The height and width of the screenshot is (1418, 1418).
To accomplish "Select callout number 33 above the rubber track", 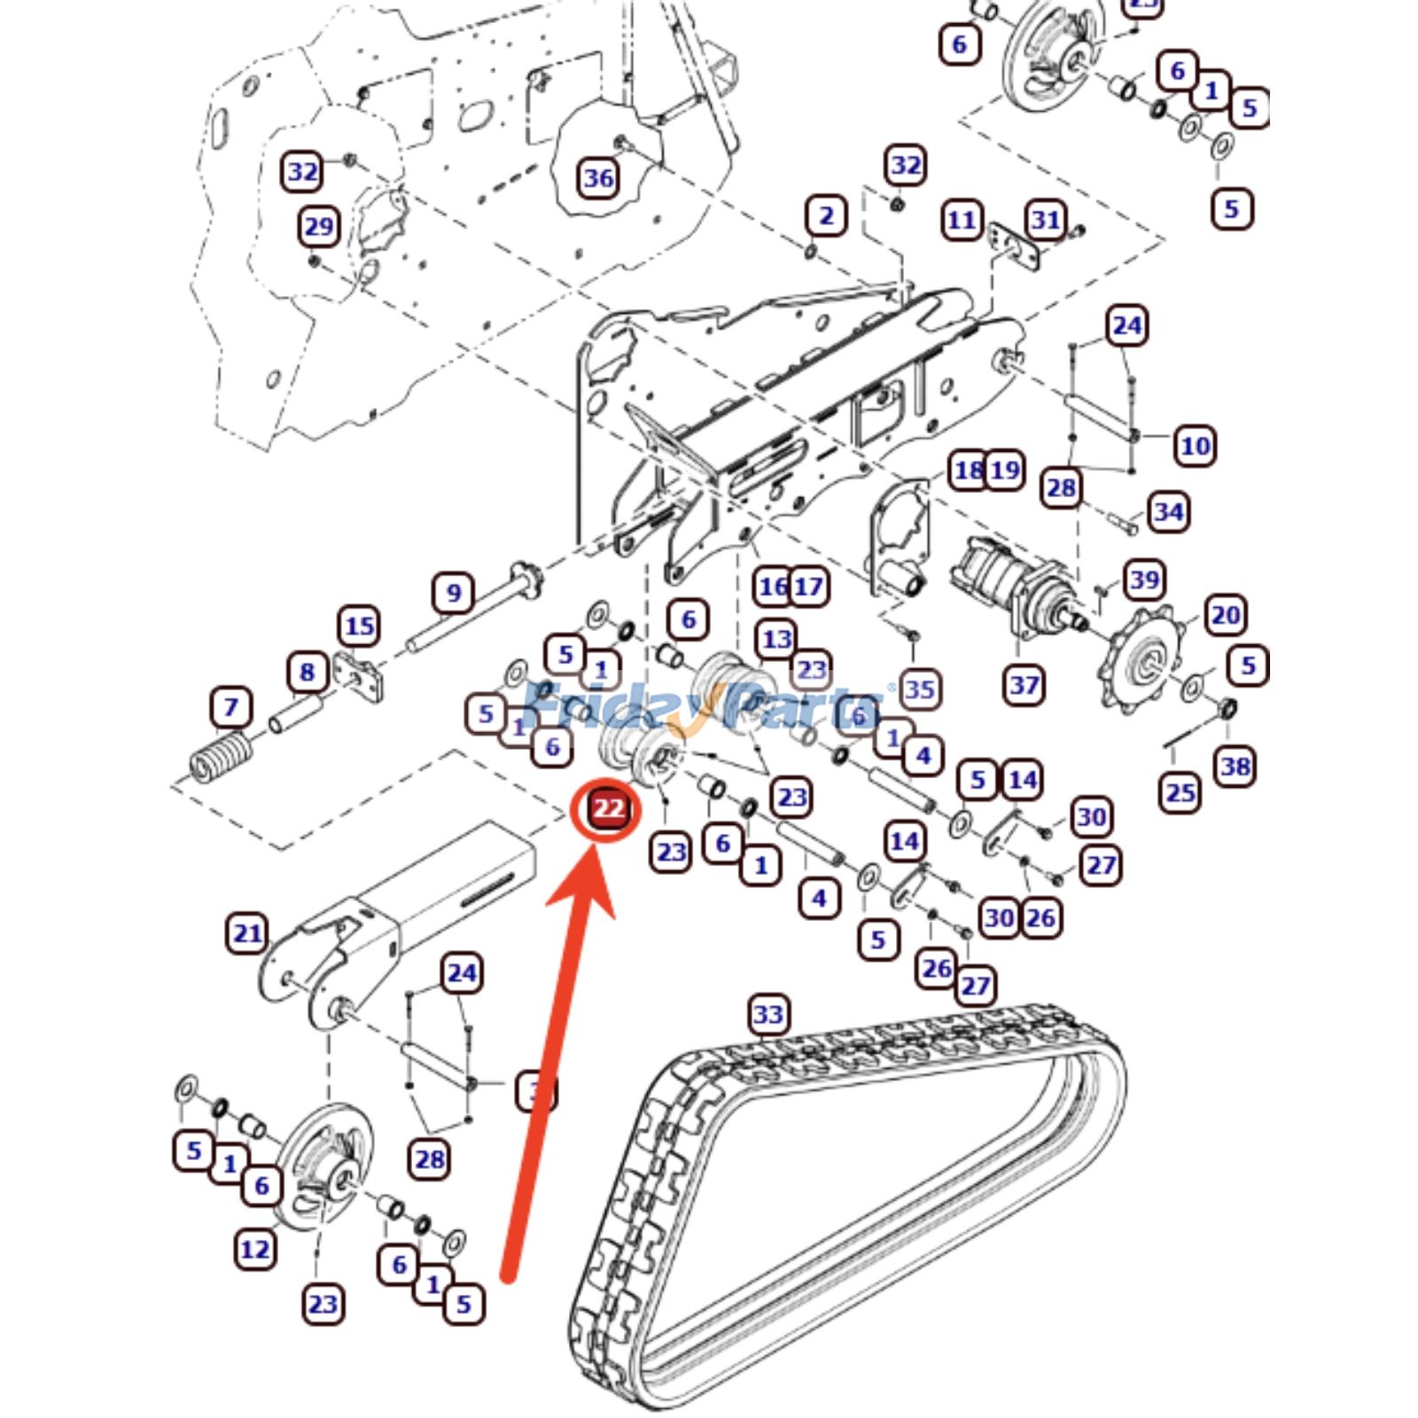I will tap(768, 1014).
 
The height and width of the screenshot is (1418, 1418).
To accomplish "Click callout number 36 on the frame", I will tap(598, 178).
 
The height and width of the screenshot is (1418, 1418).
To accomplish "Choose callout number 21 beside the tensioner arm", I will tap(247, 932).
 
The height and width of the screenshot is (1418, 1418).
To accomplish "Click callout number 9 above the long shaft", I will tap(454, 592).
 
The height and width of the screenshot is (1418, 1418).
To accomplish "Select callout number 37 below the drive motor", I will tap(1025, 684).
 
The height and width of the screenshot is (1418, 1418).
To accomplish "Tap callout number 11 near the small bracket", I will tap(962, 220).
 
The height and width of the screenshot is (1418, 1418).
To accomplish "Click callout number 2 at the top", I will tap(826, 215).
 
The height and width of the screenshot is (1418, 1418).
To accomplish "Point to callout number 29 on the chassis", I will tap(318, 227).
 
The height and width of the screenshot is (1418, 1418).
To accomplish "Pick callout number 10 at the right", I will tap(1196, 445).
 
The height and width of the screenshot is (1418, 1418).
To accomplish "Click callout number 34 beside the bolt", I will tap(1169, 511).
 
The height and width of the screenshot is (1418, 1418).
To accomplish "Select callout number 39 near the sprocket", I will tap(1144, 580).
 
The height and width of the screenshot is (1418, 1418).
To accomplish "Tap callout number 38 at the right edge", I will tap(1235, 766).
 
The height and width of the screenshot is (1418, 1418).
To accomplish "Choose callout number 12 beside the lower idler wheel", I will tap(254, 1250).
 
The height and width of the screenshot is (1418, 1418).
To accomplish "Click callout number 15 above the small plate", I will tap(359, 627).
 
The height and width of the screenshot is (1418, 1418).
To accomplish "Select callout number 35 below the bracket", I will tap(920, 689).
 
